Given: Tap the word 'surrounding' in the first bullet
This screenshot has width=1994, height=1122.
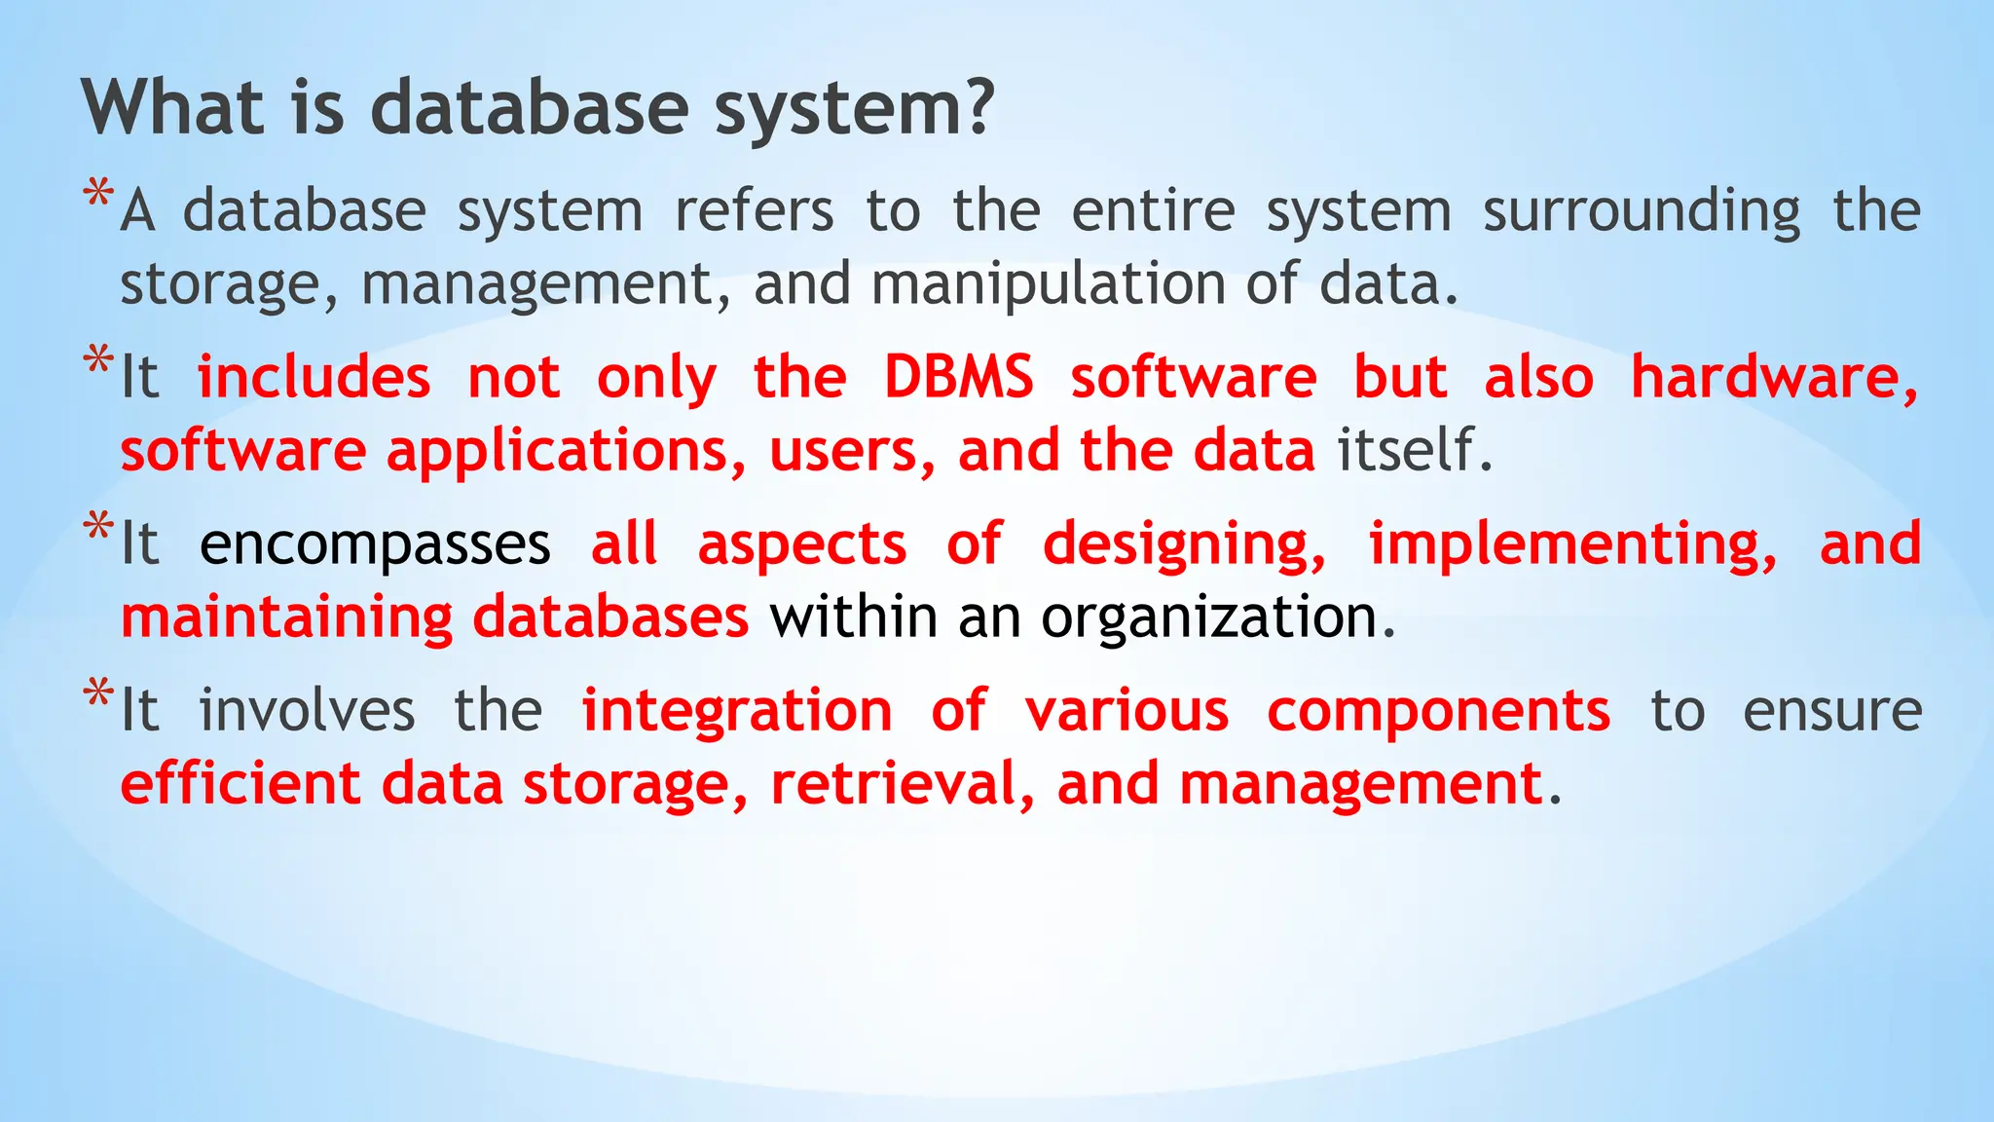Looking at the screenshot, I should (1642, 212).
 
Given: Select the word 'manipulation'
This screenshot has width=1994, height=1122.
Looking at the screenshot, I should (1052, 284).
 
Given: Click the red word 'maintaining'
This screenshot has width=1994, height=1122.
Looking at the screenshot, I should (287, 618).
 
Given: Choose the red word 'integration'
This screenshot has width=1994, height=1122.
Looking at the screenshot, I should (737, 711).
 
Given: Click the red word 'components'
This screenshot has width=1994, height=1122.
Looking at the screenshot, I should (1438, 711).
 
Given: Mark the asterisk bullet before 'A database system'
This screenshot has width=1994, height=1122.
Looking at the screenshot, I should (98, 194).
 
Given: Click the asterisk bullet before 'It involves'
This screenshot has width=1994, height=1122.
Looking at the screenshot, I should (98, 694).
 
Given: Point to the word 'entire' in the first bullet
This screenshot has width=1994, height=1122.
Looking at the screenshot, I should (1154, 210).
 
